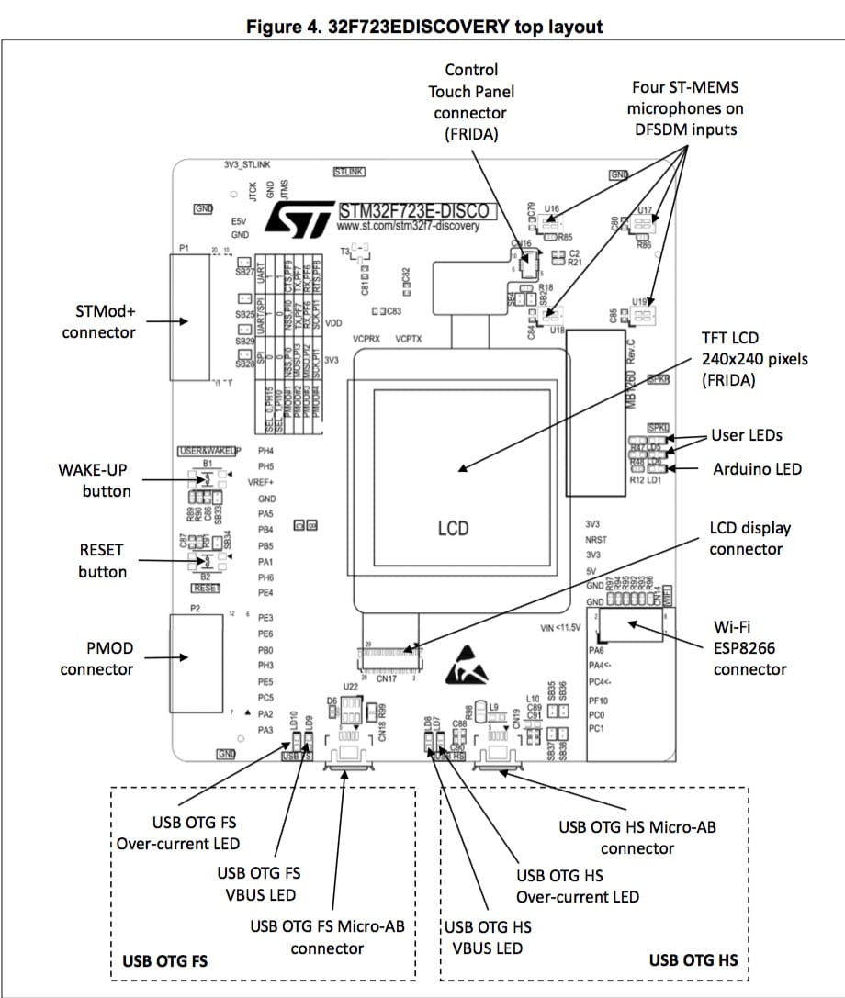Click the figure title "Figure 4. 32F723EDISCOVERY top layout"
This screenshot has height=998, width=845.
[424, 27]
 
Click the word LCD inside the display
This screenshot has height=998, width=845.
[453, 529]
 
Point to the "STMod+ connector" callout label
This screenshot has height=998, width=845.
[98, 321]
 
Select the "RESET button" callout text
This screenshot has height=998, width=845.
[101, 561]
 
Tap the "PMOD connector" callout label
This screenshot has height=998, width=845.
[96, 658]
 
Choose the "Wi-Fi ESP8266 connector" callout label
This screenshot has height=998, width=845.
[749, 648]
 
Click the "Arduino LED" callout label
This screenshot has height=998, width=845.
[757, 469]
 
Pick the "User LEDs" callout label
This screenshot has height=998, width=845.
[747, 435]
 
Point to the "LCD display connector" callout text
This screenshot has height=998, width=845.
[749, 539]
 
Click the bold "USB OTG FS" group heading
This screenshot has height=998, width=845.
[164, 961]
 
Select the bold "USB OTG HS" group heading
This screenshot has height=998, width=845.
[693, 961]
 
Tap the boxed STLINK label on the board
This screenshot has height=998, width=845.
[349, 172]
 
